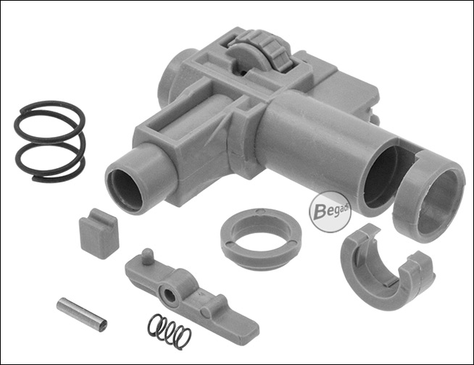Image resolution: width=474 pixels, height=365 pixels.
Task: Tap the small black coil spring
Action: pyautogui.click(x=169, y=332)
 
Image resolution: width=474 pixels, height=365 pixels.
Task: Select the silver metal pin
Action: pyautogui.click(x=82, y=314)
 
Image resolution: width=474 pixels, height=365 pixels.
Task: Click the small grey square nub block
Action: pyautogui.click(x=99, y=234)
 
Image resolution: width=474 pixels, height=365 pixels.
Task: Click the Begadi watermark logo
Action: pyautogui.click(x=330, y=212)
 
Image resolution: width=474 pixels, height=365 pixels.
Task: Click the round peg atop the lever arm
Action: pyautogui.click(x=147, y=256)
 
